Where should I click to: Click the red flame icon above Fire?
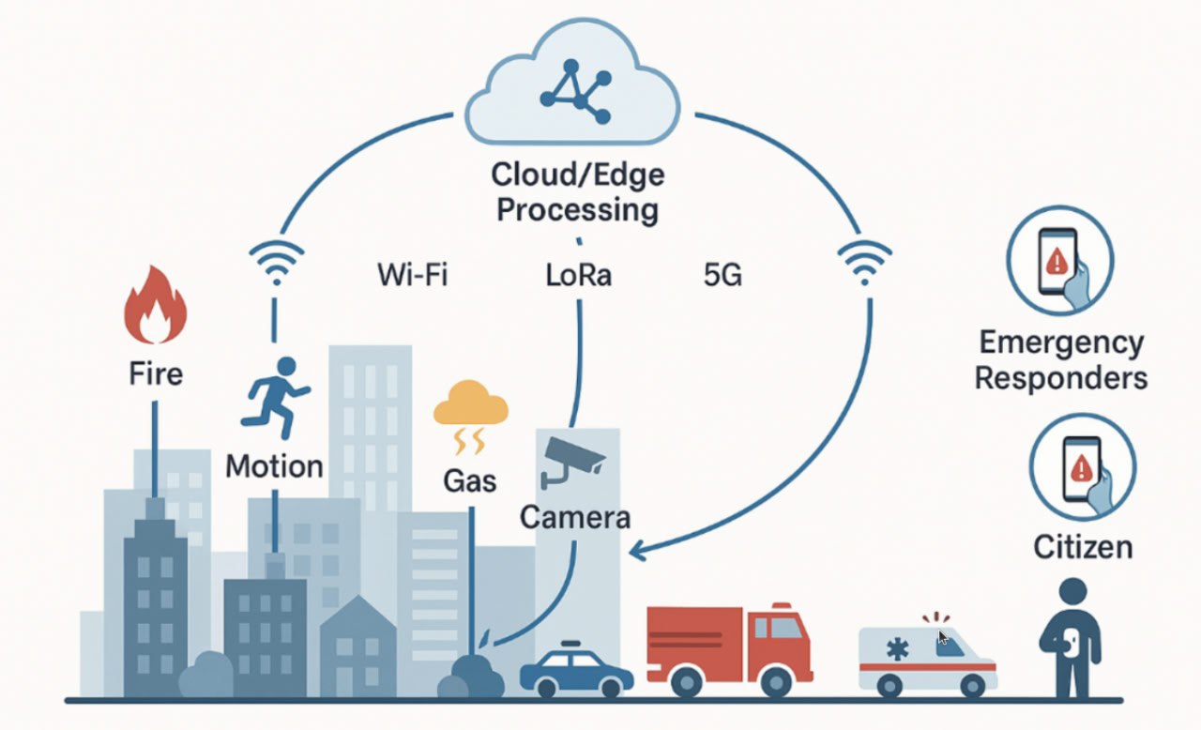pos(155,306)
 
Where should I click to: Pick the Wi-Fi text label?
pos(412,276)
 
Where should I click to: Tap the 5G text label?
pos(722,276)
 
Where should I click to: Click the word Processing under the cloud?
pos(577,209)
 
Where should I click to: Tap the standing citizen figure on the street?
pos(1071,638)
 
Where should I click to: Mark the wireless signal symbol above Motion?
pos(275,264)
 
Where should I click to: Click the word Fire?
pos(156,373)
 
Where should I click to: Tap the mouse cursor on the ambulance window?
pos(943,638)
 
